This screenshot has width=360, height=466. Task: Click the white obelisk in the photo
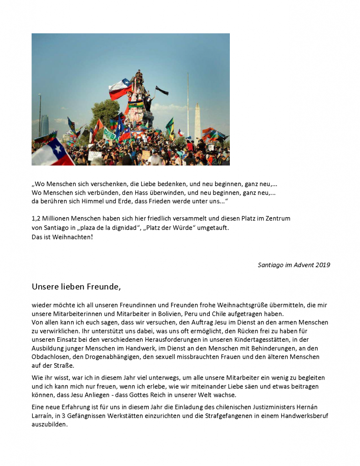point(198,121)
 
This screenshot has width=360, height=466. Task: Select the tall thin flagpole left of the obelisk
point(188,105)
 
